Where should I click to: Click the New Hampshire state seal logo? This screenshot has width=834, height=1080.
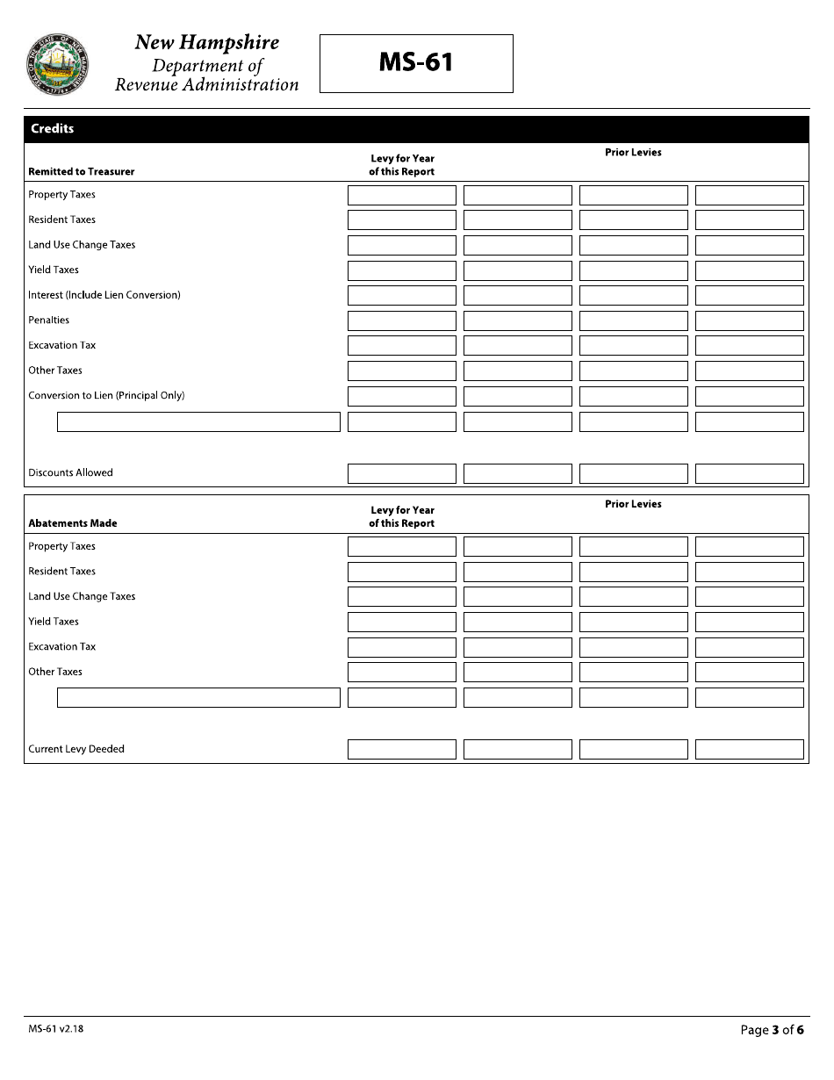[x=58, y=64]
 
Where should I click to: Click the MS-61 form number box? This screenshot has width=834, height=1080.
[x=416, y=63]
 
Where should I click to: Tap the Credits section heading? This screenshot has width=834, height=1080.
[x=53, y=129]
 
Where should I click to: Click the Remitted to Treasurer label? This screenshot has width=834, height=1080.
[x=82, y=172]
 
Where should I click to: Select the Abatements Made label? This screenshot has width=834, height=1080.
[x=73, y=523]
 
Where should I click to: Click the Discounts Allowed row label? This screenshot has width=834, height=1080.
[x=70, y=473]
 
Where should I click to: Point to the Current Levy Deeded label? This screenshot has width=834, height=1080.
[x=76, y=750]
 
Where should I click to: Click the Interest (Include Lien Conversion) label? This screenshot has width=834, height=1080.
[x=104, y=295]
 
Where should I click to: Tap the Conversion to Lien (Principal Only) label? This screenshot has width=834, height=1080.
[x=106, y=396]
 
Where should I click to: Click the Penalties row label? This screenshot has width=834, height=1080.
[x=48, y=320]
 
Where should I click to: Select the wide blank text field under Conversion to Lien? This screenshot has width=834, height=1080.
[x=198, y=422]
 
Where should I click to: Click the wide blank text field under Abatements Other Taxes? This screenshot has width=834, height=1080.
[x=198, y=698]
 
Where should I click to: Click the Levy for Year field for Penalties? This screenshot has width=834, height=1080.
[x=402, y=320]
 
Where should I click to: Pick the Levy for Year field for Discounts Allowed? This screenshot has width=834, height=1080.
[x=402, y=474]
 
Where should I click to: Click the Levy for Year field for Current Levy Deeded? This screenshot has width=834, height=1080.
[x=402, y=750]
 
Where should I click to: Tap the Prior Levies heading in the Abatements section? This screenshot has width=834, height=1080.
[x=633, y=505]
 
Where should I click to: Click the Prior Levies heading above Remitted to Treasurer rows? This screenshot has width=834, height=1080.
[x=633, y=153]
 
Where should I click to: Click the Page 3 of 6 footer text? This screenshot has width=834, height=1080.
[x=772, y=1030]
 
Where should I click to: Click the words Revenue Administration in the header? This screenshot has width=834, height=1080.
[x=207, y=85]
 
